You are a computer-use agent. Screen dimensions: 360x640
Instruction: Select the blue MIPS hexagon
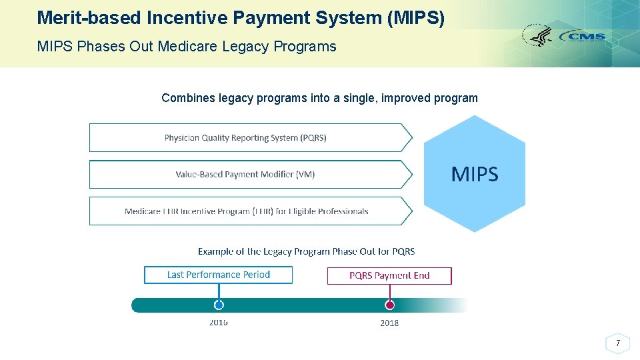pyautogui.click(x=474, y=174)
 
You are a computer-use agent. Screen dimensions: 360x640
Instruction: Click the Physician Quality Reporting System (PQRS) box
pyautogui.click(x=245, y=138)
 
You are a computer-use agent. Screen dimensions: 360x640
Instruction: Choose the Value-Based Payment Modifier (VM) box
pyautogui.click(x=245, y=175)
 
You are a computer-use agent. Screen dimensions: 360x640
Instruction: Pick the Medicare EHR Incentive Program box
pyautogui.click(x=246, y=211)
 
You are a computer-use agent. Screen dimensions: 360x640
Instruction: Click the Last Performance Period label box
pyautogui.click(x=218, y=275)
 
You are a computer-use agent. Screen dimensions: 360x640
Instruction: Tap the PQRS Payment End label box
pyautogui.click(x=389, y=275)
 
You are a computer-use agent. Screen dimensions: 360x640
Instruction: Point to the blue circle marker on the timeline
pyautogui.click(x=219, y=305)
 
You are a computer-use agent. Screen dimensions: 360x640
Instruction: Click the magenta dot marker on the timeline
pyautogui.click(x=390, y=305)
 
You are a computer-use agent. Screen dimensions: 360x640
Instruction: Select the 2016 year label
pyautogui.click(x=219, y=323)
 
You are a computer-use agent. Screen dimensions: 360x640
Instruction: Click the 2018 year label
pyautogui.click(x=389, y=323)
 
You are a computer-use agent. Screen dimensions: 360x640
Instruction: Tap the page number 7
pyautogui.click(x=618, y=343)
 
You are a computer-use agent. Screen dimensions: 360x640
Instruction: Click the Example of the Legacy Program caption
pyautogui.click(x=306, y=251)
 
